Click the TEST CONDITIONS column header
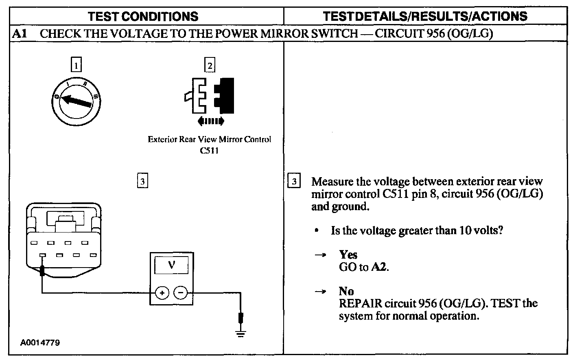(143, 16)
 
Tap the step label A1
(19, 33)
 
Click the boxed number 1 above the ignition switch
(76, 65)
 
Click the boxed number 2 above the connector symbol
(210, 65)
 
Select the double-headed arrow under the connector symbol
(210, 121)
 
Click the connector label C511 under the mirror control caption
(209, 150)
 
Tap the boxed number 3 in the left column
(142, 181)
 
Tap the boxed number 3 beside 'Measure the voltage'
(294, 181)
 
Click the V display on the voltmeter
(171, 265)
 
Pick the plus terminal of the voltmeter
(162, 292)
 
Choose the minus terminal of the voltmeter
(181, 292)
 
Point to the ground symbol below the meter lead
(241, 335)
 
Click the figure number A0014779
(40, 342)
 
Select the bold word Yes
(348, 255)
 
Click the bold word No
(346, 291)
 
